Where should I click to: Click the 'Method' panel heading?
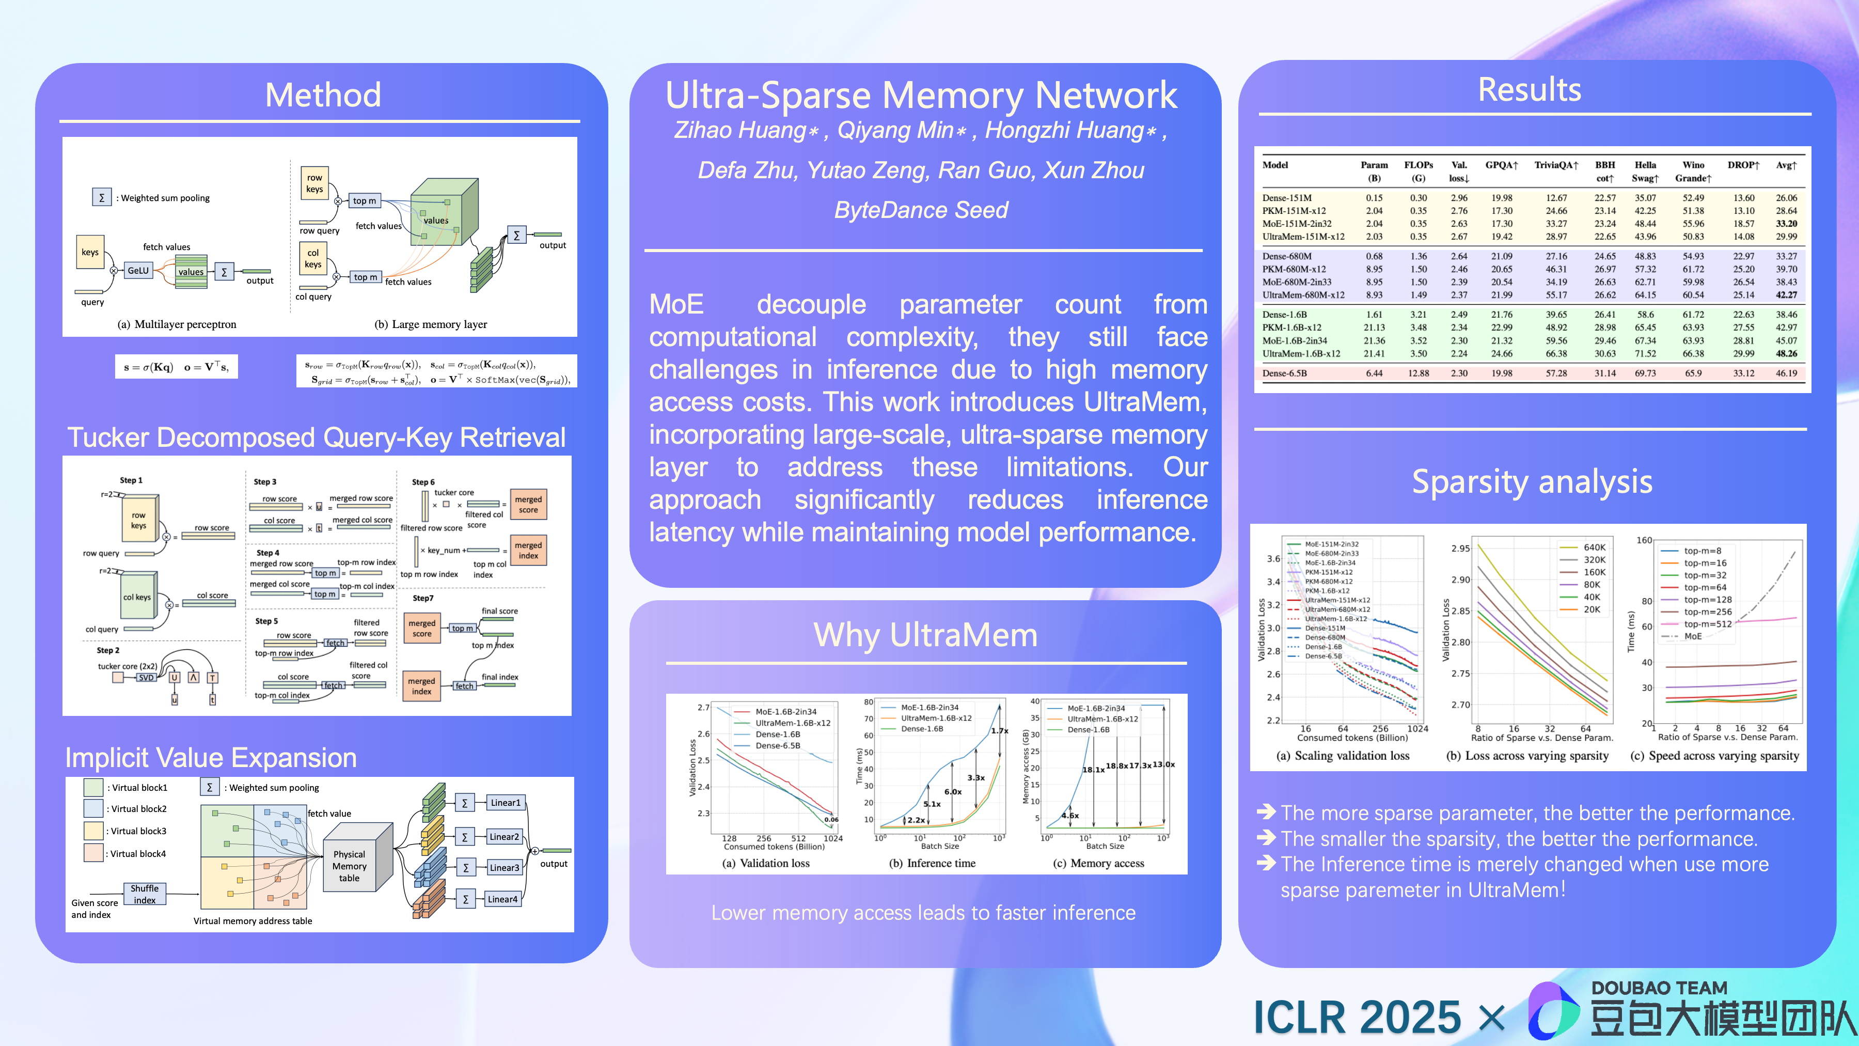click(x=323, y=95)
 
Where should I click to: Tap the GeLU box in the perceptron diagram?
click(x=138, y=271)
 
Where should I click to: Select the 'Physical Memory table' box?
click(x=349, y=866)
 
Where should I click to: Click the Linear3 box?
click(x=503, y=868)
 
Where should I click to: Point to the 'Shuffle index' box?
click(x=145, y=894)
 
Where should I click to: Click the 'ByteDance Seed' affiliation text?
click(x=921, y=210)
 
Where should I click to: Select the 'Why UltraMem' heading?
click(x=925, y=635)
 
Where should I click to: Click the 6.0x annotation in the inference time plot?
click(x=953, y=791)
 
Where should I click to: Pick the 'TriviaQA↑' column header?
click(x=1556, y=165)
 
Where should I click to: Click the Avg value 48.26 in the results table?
click(x=1786, y=354)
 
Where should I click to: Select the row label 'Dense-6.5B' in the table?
click(x=1285, y=373)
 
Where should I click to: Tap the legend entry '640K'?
click(x=1594, y=547)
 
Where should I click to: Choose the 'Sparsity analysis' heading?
click(x=1532, y=481)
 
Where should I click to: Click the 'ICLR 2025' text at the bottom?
click(x=1357, y=1017)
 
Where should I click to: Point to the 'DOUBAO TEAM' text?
click(x=1659, y=988)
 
